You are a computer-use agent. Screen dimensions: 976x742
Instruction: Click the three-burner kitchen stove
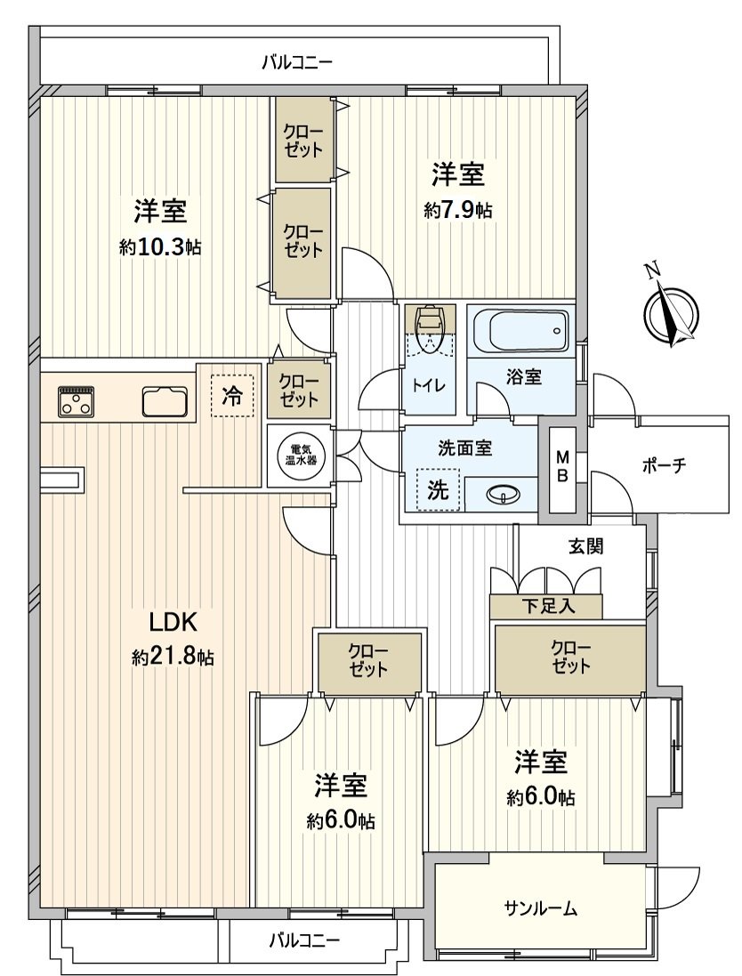pos(77,401)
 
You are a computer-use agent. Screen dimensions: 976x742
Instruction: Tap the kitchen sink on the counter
pos(165,402)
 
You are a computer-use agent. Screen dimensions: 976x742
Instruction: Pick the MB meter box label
pos(562,466)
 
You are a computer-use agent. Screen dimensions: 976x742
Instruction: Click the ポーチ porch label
pos(663,466)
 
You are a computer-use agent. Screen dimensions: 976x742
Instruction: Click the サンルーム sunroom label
pos(541,908)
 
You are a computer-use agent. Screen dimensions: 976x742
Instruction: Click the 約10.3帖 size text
pos(160,247)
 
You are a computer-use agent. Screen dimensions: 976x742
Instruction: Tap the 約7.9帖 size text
pos(458,210)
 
